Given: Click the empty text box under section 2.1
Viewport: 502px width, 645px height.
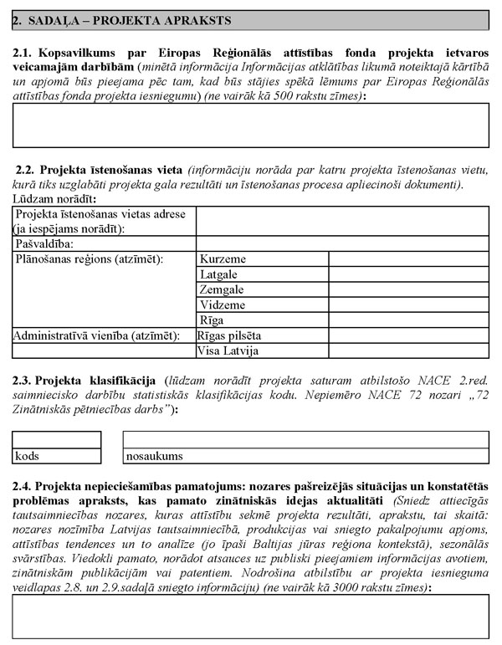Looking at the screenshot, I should pyautogui.click(x=250, y=125).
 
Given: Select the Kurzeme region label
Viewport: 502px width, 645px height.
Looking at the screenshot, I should pyautogui.click(x=220, y=259).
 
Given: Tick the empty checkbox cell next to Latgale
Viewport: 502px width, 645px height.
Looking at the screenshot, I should pyautogui.click(x=408, y=274).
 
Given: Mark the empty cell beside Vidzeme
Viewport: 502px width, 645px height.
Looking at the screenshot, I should pyautogui.click(x=408, y=305).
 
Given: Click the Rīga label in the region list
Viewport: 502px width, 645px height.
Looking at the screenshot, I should pyautogui.click(x=212, y=320).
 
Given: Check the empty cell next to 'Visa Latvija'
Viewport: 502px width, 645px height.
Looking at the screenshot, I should pyautogui.click(x=408, y=351).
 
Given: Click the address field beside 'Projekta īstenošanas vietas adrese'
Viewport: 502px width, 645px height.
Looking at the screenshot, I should pyautogui.click(x=342, y=222).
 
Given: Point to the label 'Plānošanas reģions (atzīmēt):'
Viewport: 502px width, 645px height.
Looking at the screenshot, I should pyautogui.click(x=88, y=259).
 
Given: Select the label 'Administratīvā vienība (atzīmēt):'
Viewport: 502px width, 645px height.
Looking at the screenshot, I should pyautogui.click(x=96, y=335).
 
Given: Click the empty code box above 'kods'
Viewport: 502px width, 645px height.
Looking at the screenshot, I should pyautogui.click(x=57, y=440).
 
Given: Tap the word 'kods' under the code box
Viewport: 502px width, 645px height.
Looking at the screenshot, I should pyautogui.click(x=28, y=457).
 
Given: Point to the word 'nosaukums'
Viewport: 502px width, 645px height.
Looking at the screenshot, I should pyautogui.click(x=155, y=457).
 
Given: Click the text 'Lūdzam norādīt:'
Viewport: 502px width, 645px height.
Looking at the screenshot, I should pyautogui.click(x=54, y=198).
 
